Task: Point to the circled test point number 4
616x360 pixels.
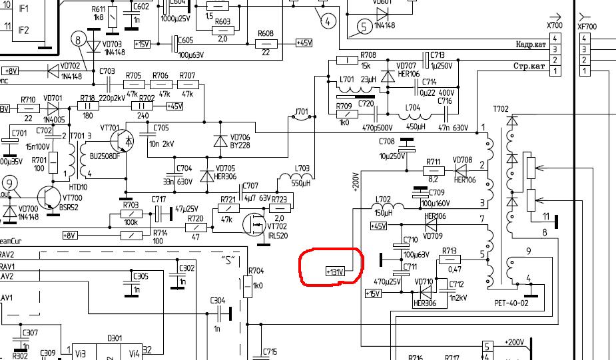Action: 327,21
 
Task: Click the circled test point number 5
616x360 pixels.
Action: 364,27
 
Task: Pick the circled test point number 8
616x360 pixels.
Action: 79,41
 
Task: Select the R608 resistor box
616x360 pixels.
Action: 266,43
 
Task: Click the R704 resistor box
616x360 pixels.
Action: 248,287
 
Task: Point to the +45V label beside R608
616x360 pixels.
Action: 304,43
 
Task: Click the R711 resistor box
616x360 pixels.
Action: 433,171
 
